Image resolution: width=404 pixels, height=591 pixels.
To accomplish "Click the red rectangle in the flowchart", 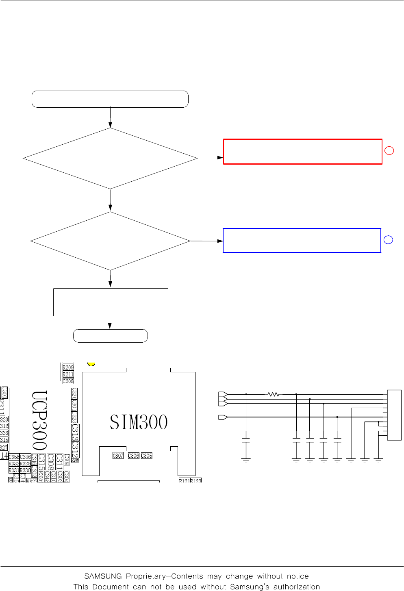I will [302, 152].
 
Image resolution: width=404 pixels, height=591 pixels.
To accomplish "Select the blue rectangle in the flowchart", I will [302, 241].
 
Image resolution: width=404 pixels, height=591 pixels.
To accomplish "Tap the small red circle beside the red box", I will [389, 151].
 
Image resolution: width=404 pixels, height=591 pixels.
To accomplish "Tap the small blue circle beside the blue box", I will [388, 240].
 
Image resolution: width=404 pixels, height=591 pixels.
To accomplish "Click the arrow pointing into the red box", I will [211, 158].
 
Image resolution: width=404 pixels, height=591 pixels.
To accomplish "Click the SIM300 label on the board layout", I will [139, 422].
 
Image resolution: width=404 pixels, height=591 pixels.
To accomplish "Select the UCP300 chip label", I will [39, 420].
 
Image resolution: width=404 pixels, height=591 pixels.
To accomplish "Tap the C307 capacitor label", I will [118, 456].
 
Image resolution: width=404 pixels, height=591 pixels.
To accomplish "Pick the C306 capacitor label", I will [134, 456].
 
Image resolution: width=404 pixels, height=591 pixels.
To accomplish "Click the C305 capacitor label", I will [147, 456].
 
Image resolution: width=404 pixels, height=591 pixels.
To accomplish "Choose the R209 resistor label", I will [68, 367].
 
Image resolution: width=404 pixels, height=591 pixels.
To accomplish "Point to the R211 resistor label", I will [68, 374].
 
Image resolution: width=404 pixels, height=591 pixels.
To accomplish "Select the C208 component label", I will [68, 381].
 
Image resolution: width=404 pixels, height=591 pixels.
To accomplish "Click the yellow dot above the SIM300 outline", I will [91, 363].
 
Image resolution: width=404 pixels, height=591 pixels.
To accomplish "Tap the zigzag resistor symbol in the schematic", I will [274, 394].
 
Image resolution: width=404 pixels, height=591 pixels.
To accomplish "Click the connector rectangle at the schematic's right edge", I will [394, 415].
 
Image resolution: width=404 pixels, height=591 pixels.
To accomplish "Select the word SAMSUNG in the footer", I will [103, 576].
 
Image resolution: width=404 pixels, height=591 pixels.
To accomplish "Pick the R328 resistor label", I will [25, 463].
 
